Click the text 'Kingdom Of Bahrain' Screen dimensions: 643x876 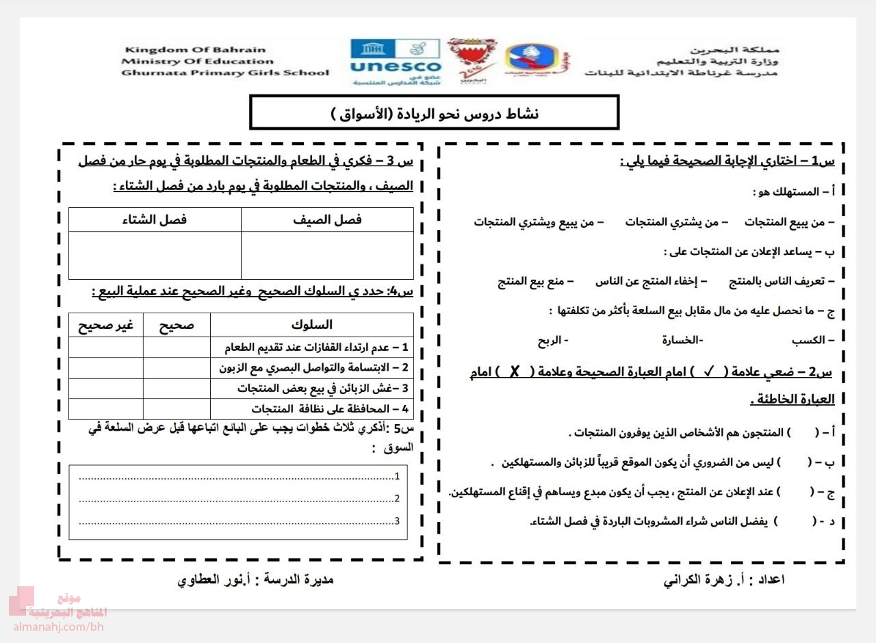[x=194, y=50]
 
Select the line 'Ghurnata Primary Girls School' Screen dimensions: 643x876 [x=224, y=73]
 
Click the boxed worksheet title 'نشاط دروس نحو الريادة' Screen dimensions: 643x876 [x=434, y=113]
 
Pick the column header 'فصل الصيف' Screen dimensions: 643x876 [x=327, y=220]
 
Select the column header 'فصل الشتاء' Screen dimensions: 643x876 [x=155, y=220]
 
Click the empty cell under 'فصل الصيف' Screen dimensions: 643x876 [x=327, y=254]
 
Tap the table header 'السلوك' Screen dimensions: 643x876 [x=311, y=325]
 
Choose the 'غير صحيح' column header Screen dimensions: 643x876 [x=105, y=326]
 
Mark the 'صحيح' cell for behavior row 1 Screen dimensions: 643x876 [x=177, y=347]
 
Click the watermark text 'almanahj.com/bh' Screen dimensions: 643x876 [x=57, y=627]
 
